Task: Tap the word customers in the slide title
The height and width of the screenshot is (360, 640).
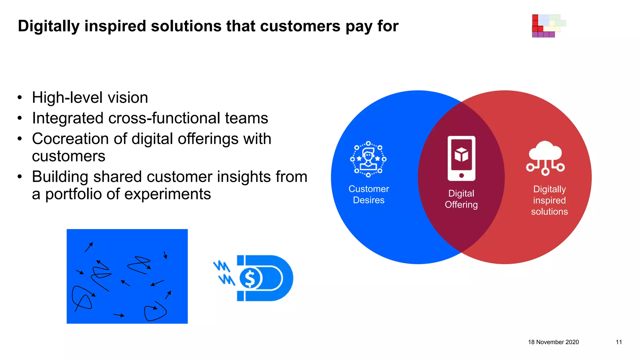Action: click(x=300, y=26)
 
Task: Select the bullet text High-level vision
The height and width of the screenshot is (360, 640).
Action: click(x=90, y=97)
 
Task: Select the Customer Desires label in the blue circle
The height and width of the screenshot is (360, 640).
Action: click(x=369, y=194)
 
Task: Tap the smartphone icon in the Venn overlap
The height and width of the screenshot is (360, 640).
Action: click(x=461, y=158)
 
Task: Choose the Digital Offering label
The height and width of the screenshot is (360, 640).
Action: click(x=461, y=199)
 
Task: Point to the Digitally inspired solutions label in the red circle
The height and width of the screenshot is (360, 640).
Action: click(x=549, y=200)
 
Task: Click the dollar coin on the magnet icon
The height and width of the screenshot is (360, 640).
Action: click(x=250, y=278)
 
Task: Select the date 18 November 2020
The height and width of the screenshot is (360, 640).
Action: click(x=553, y=342)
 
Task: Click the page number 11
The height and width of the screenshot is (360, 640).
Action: click(x=619, y=342)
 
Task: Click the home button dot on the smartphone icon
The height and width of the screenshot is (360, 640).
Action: click(x=462, y=176)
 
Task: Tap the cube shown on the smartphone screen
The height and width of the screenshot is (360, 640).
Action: click(x=461, y=154)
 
